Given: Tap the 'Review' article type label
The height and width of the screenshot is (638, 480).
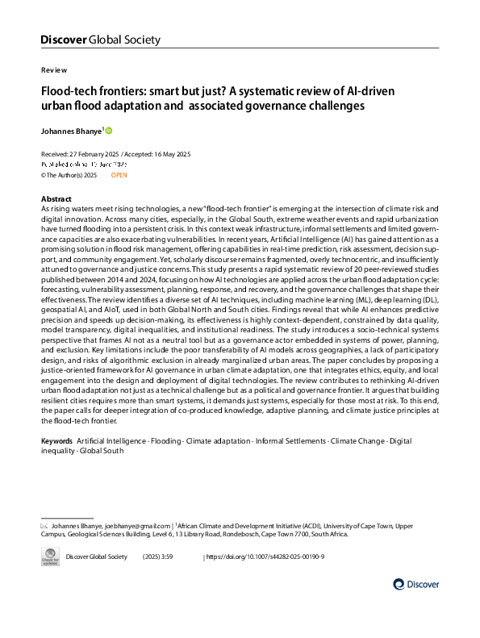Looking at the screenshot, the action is click(53, 70).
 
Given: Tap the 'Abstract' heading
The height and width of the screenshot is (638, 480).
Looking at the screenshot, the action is click(56, 198).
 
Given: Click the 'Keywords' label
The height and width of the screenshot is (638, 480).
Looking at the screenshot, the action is click(56, 443).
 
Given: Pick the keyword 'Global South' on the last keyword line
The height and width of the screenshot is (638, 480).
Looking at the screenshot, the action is click(103, 452).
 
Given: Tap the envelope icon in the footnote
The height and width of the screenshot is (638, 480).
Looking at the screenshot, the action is click(44, 525).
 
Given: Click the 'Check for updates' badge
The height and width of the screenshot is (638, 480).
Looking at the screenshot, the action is click(50, 557).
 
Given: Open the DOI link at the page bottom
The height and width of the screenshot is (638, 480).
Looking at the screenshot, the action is click(269, 557).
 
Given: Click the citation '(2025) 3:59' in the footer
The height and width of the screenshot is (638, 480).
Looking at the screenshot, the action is click(157, 557).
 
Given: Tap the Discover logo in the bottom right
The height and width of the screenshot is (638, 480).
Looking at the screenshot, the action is click(416, 584).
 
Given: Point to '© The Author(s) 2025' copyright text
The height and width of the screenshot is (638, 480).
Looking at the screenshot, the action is click(69, 174).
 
